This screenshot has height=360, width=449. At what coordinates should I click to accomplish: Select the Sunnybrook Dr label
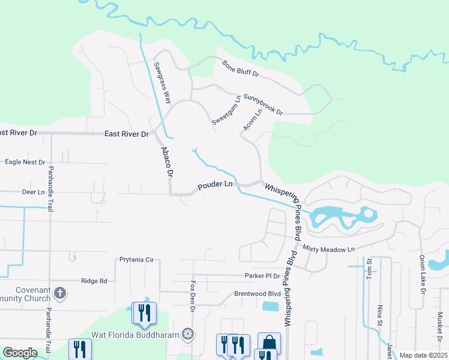click(264, 104)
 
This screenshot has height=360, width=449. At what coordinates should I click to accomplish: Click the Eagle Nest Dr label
click(25, 162)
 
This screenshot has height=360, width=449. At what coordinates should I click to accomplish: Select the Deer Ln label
click(33, 192)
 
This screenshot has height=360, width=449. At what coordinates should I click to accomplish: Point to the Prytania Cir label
click(137, 260)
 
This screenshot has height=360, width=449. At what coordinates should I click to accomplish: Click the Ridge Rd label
click(94, 280)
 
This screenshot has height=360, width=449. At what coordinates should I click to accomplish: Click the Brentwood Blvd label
click(258, 294)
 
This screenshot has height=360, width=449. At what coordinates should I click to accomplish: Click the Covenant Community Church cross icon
click(59, 293)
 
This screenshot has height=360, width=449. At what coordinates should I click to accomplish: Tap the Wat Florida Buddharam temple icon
click(188, 334)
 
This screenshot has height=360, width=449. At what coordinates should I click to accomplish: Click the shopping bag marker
click(269, 343)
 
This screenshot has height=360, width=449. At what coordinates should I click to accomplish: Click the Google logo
click(20, 353)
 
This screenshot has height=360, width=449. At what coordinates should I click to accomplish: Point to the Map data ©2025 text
click(423, 356)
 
